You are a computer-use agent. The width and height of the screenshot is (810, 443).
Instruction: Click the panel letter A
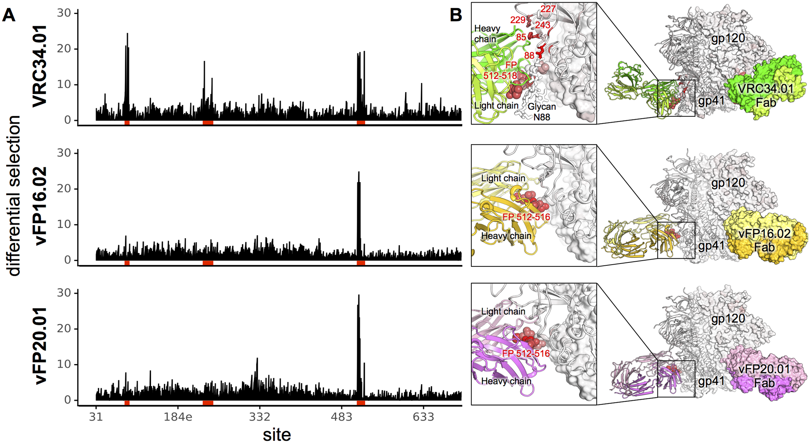(x=9, y=15)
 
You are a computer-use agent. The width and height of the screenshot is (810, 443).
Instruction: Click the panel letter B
(x=456, y=15)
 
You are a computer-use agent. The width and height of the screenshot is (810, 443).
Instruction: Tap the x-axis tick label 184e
(x=178, y=417)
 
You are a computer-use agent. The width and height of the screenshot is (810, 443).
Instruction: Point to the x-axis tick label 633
(x=423, y=417)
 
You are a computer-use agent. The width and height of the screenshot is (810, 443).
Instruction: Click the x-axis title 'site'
(x=277, y=434)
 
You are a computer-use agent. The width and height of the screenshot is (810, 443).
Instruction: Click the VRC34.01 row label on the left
(x=40, y=66)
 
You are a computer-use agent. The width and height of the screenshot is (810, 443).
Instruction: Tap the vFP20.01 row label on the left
(x=40, y=346)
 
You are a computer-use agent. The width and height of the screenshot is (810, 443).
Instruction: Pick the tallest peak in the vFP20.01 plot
(x=359, y=296)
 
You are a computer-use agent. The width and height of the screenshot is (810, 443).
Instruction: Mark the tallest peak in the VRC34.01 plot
(x=127, y=34)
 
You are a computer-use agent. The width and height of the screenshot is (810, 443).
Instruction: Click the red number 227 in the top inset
(x=548, y=9)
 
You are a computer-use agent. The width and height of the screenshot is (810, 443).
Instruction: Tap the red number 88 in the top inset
(x=529, y=56)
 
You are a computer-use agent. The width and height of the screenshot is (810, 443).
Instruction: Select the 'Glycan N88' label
(x=542, y=112)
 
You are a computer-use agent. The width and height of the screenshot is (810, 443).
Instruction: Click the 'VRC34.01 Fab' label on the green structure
(x=765, y=95)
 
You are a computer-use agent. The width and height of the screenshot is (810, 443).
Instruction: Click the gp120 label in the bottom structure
(x=728, y=318)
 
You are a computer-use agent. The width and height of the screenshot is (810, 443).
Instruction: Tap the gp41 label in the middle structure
(x=711, y=245)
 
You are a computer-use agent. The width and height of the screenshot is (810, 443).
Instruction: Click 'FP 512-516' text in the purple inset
(x=526, y=353)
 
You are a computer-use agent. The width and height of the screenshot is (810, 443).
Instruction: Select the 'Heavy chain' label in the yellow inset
(x=506, y=236)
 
